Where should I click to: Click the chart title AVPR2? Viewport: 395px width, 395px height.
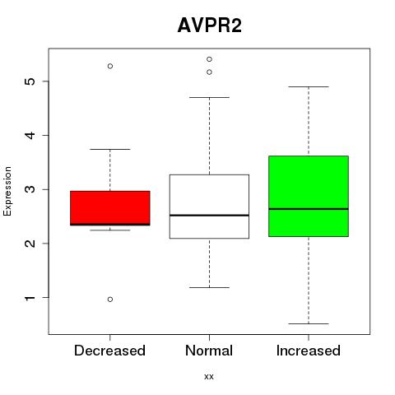210,26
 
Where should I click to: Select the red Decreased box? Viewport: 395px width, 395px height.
110,208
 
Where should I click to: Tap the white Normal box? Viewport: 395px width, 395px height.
209,207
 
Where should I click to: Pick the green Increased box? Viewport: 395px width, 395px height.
309,196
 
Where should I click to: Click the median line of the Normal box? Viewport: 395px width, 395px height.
209,216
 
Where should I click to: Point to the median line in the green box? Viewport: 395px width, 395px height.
309,209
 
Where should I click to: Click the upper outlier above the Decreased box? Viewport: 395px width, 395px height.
110,66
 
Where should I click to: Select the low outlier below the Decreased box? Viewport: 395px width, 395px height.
110,300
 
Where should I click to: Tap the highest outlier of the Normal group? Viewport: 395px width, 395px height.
209,59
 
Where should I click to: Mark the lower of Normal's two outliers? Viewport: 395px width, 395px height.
209,72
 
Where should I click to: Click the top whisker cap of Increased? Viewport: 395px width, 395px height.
309,86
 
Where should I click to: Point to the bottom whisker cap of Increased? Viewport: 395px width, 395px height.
309,323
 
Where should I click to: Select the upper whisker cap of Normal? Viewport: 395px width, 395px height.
209,97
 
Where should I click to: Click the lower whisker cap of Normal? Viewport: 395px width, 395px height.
209,287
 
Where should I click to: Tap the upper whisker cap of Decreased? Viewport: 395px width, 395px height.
110,149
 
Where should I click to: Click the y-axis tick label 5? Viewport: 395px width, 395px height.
30,81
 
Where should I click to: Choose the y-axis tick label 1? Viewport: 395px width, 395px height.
30,298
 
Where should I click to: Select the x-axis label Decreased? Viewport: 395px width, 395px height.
109,351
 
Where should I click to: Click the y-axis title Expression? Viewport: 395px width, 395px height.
7,191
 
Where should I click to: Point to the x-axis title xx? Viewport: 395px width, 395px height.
209,377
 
